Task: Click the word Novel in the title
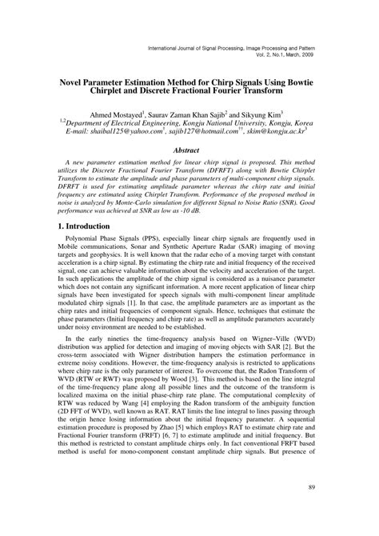(x=68, y=81)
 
